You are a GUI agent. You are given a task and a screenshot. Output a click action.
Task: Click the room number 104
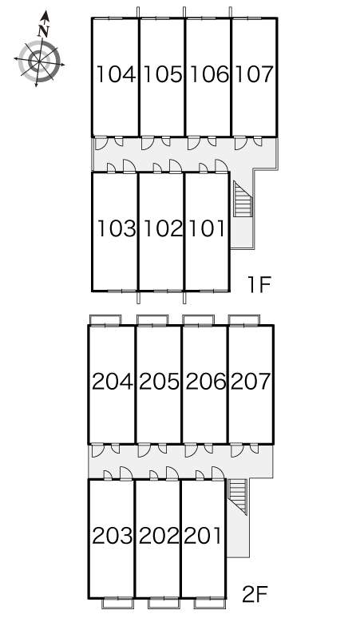click(x=117, y=74)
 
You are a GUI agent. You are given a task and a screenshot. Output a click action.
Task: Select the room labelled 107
click(x=254, y=74)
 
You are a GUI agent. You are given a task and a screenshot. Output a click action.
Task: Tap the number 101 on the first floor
click(x=207, y=228)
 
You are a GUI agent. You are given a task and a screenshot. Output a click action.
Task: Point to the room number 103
click(x=117, y=228)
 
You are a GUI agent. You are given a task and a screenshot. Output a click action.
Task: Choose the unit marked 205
click(x=159, y=382)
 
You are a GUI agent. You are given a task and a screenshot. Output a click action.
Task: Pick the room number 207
click(x=251, y=382)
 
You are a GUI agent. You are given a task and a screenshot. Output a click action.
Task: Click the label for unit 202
click(x=159, y=536)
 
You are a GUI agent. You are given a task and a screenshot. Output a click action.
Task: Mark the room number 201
click(x=203, y=536)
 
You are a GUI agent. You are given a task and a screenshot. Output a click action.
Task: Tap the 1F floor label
click(x=259, y=284)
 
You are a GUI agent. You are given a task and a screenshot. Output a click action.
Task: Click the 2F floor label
click(x=255, y=594)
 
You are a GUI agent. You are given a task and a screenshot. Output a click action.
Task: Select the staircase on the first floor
click(x=243, y=199)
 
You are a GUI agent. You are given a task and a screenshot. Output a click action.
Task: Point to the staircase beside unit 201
click(x=238, y=497)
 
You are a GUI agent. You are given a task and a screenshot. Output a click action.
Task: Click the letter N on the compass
click(x=44, y=30)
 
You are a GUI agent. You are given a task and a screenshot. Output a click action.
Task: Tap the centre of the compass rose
click(x=39, y=61)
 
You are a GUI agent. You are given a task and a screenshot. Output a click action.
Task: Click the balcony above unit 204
click(x=105, y=320)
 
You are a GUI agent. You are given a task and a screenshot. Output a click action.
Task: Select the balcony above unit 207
click(x=243, y=320)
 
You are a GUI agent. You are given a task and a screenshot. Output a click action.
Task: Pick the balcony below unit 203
click(x=117, y=603)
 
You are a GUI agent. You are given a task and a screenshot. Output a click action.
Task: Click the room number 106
click(x=209, y=74)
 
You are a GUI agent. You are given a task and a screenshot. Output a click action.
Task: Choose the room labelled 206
click(x=206, y=382)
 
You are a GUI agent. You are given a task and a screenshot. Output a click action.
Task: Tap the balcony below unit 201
click(x=210, y=603)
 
